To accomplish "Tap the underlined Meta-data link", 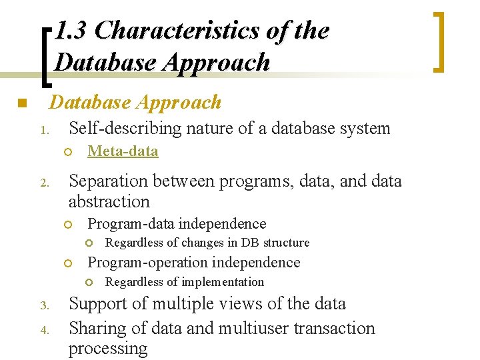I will (123, 151).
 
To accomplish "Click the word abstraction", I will (109, 201).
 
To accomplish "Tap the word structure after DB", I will (287, 243).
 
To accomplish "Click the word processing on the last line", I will (108, 348).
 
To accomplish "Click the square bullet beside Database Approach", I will (21, 104).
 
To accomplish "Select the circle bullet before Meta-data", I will (68, 152).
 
